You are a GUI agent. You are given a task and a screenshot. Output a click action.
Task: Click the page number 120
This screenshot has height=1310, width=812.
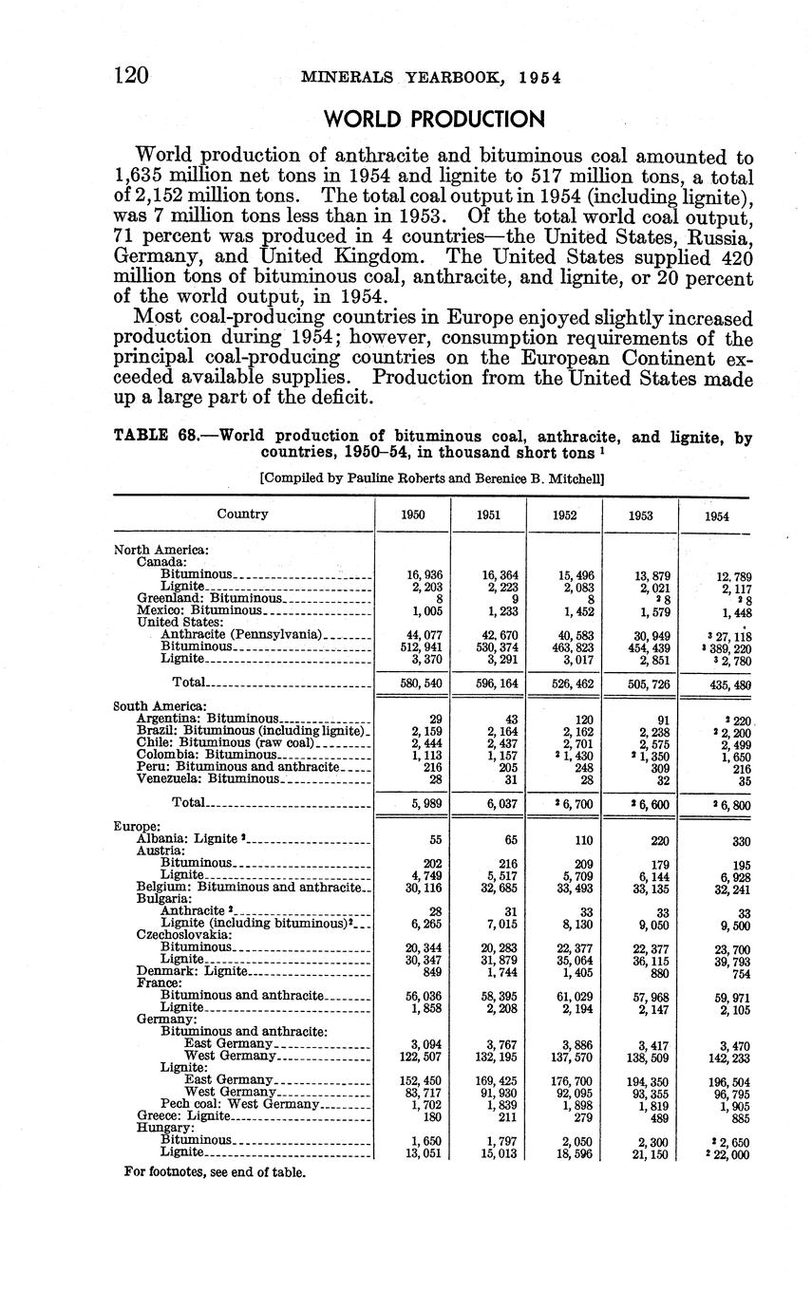click(131, 75)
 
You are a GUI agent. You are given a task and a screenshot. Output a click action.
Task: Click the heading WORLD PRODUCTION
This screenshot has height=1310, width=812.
click(435, 120)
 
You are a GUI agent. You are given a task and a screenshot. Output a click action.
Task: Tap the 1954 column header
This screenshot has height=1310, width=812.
click(717, 516)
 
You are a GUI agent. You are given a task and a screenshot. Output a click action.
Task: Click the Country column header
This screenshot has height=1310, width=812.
click(242, 514)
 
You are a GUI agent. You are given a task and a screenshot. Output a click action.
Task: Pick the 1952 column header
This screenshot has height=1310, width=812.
click(564, 515)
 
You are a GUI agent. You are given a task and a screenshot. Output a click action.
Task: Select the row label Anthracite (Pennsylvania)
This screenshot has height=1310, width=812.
click(243, 634)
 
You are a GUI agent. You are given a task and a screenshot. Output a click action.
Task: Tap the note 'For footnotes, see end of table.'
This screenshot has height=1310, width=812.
click(216, 1171)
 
